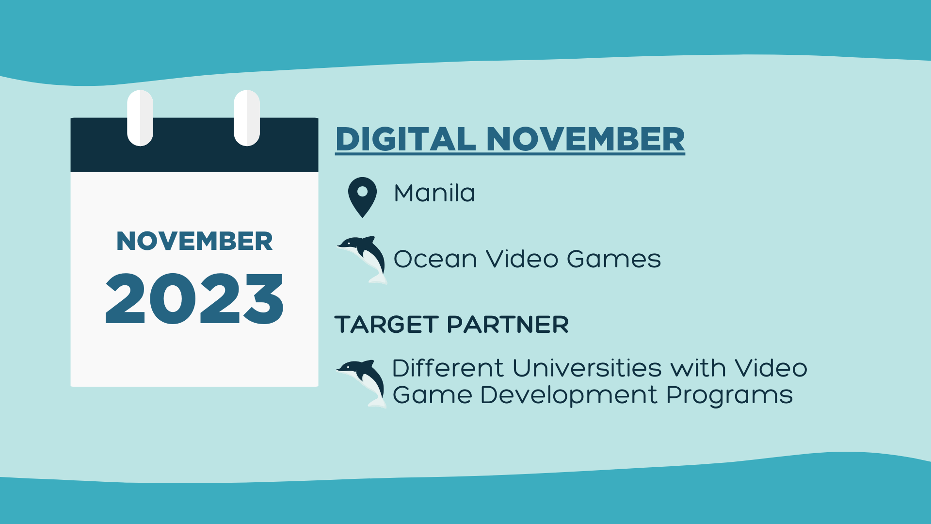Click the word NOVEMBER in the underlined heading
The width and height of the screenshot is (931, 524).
[585, 139]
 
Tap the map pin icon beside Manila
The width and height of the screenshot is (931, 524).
[362, 197]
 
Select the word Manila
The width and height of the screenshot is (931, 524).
[434, 193]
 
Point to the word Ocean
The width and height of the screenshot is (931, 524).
[435, 259]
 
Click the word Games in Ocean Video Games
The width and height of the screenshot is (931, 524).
[613, 259]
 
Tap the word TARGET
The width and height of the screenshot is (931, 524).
[386, 325]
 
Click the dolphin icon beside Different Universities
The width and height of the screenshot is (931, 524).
[362, 383]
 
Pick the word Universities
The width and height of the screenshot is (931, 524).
[587, 368]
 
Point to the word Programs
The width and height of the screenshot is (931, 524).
[729, 395]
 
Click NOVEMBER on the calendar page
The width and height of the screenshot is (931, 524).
[194, 241]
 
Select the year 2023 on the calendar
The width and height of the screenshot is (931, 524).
[194, 298]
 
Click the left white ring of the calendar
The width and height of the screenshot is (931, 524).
[140, 118]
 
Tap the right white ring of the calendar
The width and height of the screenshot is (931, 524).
[247, 118]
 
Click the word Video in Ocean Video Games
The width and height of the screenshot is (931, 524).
[522, 259]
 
